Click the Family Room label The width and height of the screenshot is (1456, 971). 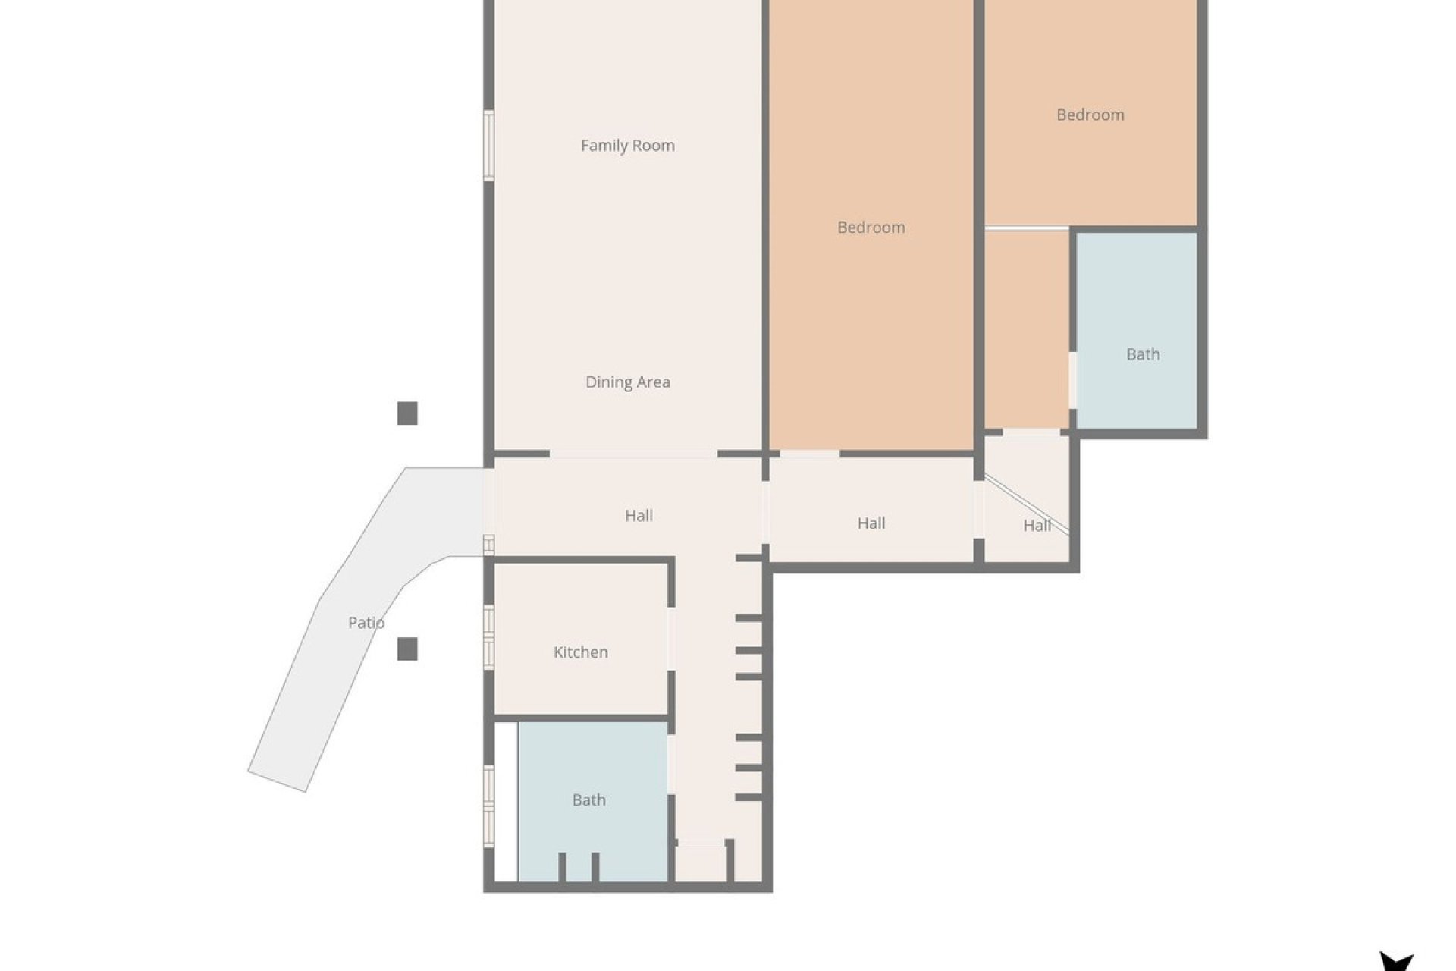(627, 145)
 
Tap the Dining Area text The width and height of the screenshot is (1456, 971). (627, 382)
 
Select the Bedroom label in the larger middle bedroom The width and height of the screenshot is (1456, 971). (871, 227)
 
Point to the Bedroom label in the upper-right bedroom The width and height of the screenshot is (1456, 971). (1090, 115)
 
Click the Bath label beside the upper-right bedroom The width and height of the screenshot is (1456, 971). (1142, 354)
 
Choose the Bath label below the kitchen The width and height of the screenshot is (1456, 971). (588, 800)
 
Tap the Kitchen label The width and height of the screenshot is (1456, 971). (580, 652)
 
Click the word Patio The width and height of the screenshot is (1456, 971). (366, 623)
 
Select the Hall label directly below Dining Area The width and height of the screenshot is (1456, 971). (639, 516)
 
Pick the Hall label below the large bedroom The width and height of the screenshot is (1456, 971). (871, 523)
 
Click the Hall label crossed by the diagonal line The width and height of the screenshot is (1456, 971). (1037, 526)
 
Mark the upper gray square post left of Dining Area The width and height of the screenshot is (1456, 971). (407, 413)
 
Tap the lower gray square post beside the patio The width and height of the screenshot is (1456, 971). (407, 649)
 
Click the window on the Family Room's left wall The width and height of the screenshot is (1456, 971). (489, 146)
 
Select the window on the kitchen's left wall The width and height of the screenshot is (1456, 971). (489, 636)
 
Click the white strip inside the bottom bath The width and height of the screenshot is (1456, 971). (506, 801)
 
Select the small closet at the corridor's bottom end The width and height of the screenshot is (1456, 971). (701, 863)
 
